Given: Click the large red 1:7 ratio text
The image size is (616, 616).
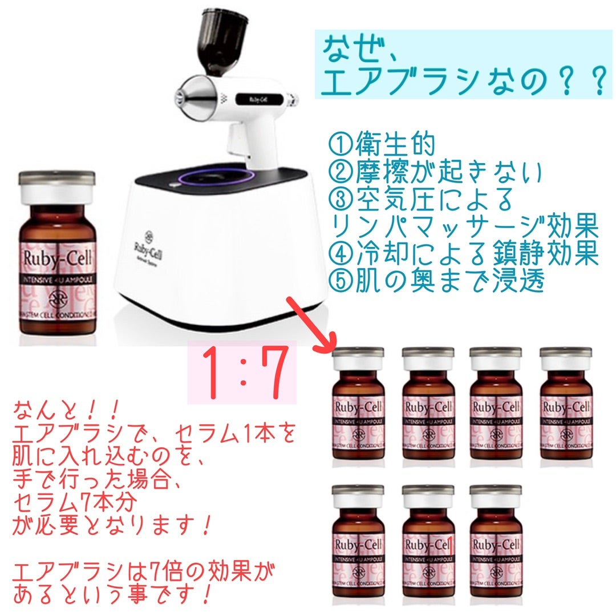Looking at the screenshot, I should [243, 374].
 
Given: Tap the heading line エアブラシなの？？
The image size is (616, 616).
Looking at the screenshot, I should [462, 82].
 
